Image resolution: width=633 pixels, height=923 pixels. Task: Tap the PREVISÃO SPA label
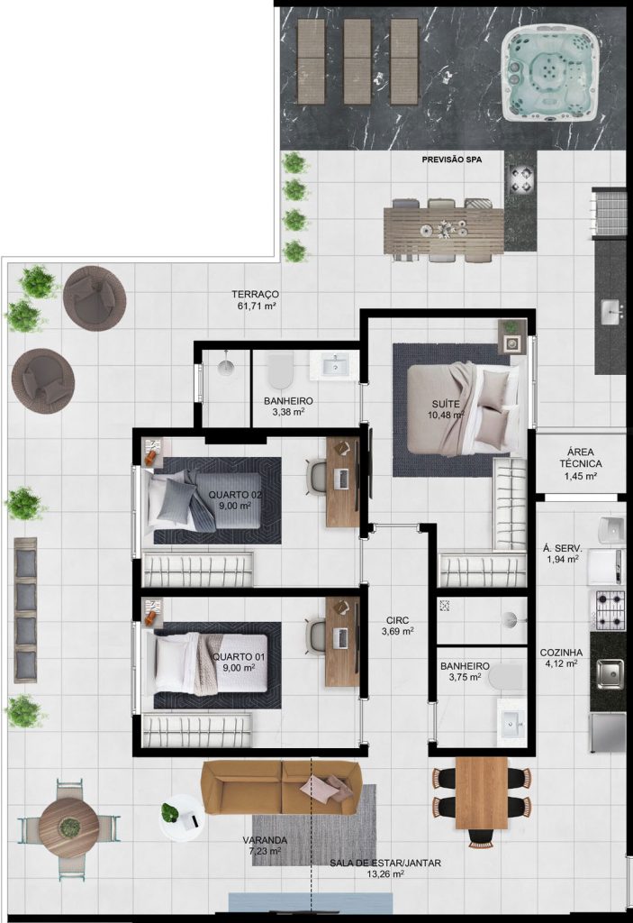pos(452,160)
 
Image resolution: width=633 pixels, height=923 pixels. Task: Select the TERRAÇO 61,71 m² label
pos(255,299)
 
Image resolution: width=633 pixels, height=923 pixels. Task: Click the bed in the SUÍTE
pos(464,410)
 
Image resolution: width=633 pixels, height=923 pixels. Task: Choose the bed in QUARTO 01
pos(211,663)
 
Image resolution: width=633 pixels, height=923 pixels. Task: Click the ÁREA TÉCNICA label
pos(581,464)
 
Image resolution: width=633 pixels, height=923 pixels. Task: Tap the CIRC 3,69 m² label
pos(398,626)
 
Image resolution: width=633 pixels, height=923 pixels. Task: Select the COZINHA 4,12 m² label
pos(561,658)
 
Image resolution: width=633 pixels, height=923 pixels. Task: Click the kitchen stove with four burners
pos(610,610)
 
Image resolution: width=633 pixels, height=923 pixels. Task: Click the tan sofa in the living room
pos(281,787)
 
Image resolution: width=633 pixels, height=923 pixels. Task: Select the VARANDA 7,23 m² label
pos(265,845)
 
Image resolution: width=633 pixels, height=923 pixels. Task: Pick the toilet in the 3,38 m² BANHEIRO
pos(280,370)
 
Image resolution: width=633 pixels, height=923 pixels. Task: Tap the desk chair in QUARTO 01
pos(316,636)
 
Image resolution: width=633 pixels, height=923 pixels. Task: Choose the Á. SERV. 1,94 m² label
pos(563,554)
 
